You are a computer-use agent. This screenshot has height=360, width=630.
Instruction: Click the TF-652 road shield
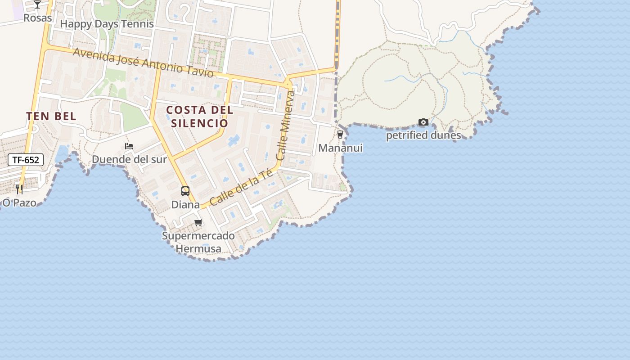click(26, 160)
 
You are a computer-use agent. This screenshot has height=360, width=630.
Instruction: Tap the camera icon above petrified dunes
click(423, 122)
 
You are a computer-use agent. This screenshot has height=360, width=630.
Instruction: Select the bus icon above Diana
click(185, 191)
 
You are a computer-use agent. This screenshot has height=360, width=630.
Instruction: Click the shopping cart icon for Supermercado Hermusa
click(198, 222)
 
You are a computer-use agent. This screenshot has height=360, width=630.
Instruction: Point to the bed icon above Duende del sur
click(129, 146)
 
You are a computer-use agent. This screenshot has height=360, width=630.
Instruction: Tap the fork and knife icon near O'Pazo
click(19, 189)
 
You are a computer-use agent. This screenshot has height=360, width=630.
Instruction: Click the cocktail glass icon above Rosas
click(37, 4)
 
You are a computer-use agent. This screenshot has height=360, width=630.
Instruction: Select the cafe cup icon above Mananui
click(340, 134)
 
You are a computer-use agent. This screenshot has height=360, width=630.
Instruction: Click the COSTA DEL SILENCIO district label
click(199, 117)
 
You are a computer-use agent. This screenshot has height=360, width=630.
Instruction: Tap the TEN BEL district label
click(51, 116)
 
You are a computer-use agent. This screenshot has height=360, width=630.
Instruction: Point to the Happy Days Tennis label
click(107, 24)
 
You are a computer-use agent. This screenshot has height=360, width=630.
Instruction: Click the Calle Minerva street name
click(286, 126)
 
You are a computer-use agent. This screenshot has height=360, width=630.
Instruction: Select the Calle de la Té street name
click(241, 187)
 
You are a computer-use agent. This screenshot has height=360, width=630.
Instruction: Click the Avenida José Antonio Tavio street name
click(143, 62)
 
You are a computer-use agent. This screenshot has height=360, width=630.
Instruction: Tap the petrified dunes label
click(423, 135)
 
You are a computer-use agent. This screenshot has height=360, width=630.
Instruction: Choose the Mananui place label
click(340, 148)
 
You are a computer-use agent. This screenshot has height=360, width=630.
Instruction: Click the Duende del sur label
click(129, 159)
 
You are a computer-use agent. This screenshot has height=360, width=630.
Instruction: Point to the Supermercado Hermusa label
click(198, 242)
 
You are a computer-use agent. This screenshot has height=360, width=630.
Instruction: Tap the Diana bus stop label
click(185, 204)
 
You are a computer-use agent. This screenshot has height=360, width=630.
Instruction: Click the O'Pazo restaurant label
click(19, 202)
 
